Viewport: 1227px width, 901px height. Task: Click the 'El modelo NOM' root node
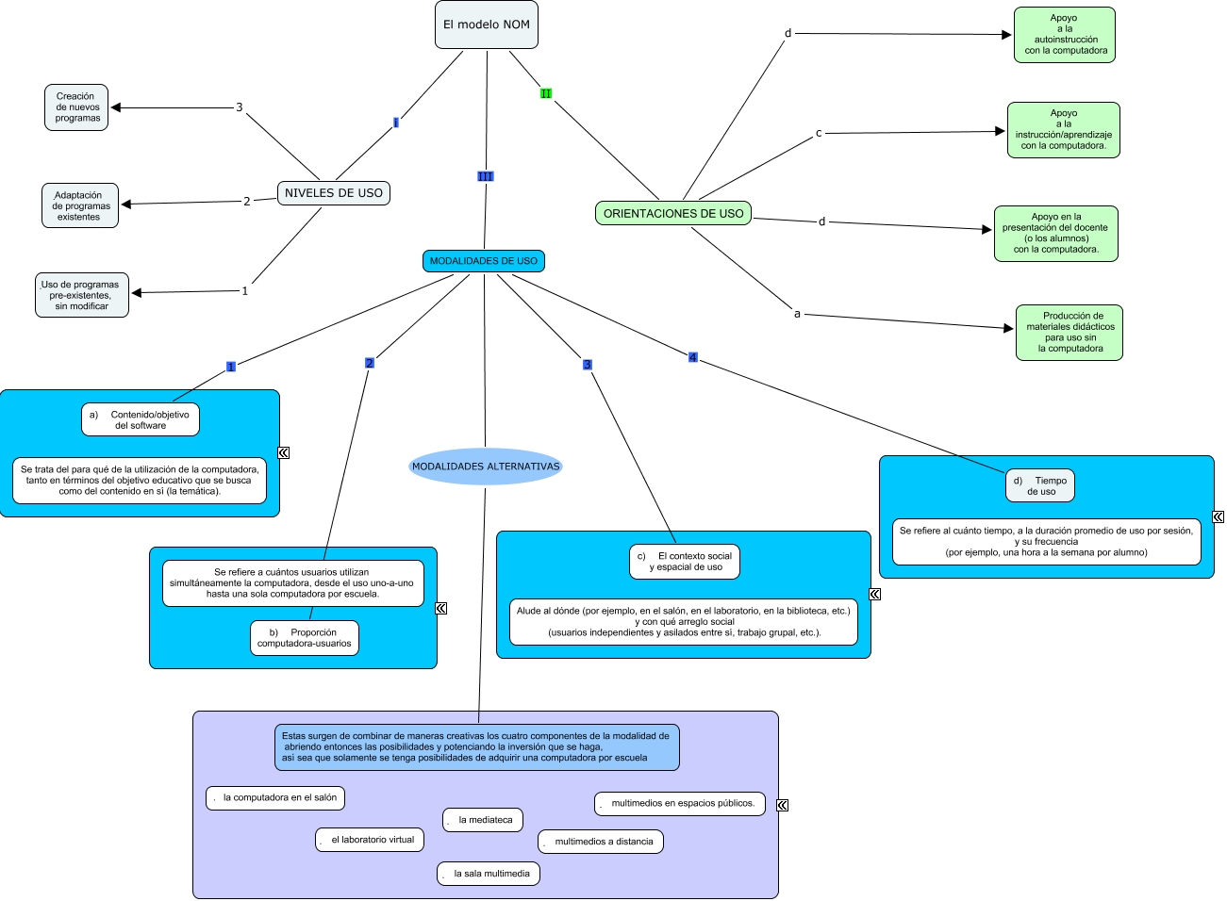pyautogui.click(x=487, y=25)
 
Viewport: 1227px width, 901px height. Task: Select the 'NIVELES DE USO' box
pyautogui.click(x=334, y=193)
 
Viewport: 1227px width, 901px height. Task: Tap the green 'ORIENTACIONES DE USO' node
pyautogui.click(x=673, y=214)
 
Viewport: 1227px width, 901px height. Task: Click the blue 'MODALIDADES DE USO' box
pyautogui.click(x=484, y=261)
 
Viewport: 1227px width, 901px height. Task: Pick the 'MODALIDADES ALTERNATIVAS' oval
pyautogui.click(x=486, y=467)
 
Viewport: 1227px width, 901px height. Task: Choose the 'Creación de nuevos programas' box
pyautogui.click(x=76, y=107)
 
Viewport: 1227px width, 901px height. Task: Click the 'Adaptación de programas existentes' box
pyautogui.click(x=80, y=206)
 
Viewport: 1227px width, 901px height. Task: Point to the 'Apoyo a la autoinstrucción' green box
pyautogui.click(x=1065, y=35)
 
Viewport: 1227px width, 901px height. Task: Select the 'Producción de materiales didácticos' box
pyautogui.click(x=1069, y=333)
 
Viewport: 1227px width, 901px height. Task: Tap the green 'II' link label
pyautogui.click(x=546, y=93)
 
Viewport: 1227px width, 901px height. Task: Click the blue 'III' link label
pyautogui.click(x=485, y=176)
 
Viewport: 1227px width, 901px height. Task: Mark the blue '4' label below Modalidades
pyautogui.click(x=693, y=357)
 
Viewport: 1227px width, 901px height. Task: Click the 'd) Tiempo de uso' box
pyautogui.click(x=1040, y=486)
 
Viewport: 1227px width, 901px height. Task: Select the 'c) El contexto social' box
pyautogui.click(x=686, y=562)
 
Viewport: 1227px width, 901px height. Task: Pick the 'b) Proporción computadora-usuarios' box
pyautogui.click(x=305, y=638)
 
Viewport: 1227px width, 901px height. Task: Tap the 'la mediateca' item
pyautogui.click(x=483, y=820)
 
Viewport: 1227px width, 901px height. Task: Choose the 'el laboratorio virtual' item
pyautogui.click(x=370, y=840)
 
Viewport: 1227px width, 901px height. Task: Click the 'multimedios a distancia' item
pyautogui.click(x=601, y=842)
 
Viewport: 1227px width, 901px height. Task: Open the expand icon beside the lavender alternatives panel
pyautogui.click(x=782, y=805)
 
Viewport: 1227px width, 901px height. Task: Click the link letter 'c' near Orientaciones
pyautogui.click(x=819, y=133)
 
